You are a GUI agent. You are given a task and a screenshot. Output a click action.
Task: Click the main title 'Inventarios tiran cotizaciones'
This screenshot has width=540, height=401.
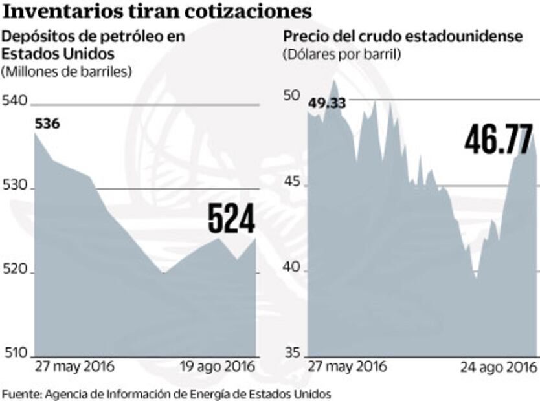(x=158, y=11)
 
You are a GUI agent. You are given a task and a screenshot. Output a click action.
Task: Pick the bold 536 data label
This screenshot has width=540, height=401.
(x=47, y=124)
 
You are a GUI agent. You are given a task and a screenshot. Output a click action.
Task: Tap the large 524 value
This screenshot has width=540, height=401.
(x=231, y=219)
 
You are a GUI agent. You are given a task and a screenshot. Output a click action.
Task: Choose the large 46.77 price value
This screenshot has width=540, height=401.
(x=498, y=139)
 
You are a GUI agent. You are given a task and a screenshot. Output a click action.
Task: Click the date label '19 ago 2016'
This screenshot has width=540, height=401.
(x=216, y=367)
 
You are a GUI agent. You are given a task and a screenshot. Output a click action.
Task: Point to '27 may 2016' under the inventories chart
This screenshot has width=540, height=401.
(x=74, y=367)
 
